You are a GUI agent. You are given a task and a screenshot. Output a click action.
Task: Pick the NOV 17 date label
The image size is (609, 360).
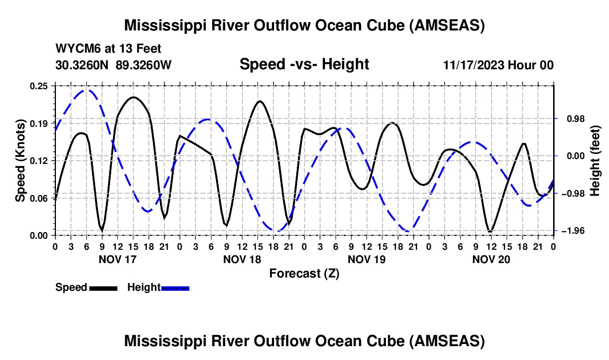click(117, 259)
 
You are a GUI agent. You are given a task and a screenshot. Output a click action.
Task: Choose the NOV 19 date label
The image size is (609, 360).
click(367, 259)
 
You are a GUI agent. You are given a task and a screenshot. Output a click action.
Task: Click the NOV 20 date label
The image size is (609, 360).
click(491, 259)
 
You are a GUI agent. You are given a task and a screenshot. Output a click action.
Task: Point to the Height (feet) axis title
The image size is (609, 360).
click(595, 161)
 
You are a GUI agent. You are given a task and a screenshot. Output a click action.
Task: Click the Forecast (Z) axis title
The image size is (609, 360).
click(304, 273)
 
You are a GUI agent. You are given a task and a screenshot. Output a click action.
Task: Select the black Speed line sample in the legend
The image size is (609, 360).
click(103, 287)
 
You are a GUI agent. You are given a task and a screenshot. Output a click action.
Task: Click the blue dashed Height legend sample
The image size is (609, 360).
click(175, 287)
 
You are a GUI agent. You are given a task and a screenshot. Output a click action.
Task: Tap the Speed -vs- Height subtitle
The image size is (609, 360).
click(304, 64)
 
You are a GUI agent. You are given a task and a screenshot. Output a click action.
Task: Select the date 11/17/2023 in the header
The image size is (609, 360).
click(473, 65)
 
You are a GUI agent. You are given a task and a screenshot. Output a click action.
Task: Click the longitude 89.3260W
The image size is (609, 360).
click(144, 65)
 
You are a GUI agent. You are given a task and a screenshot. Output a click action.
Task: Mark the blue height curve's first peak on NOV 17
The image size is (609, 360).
click(86, 90)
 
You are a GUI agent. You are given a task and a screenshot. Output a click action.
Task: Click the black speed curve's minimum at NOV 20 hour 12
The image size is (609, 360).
click(490, 231)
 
